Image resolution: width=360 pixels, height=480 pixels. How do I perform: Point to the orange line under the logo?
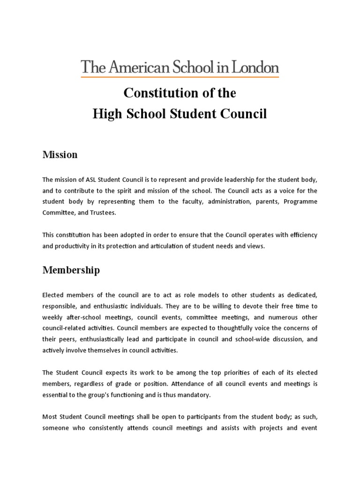tap(180, 76)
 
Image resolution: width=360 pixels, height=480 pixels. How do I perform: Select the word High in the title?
tap(105, 114)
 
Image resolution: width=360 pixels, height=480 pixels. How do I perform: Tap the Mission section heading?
tap(60, 155)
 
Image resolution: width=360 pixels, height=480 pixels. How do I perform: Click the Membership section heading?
tap(71, 270)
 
